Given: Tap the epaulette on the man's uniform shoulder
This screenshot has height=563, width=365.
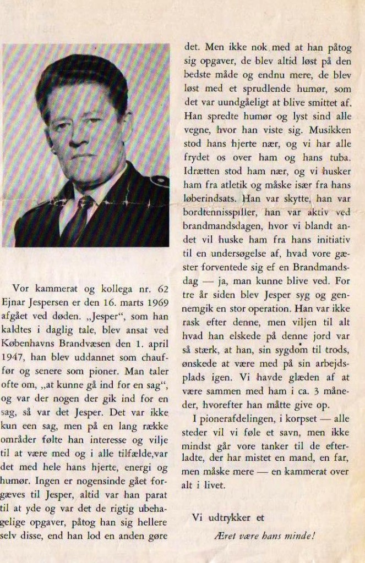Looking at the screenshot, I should click(159, 180).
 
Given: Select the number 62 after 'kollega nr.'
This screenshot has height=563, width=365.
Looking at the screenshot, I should click(161, 288).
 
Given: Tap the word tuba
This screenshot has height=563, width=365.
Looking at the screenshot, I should click(339, 158).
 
